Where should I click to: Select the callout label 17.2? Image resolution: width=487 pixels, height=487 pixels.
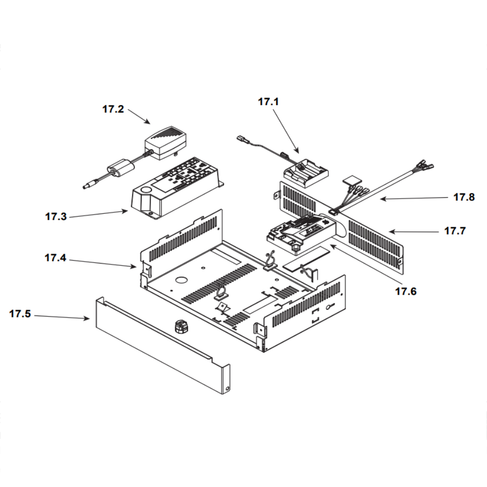(x=113, y=109)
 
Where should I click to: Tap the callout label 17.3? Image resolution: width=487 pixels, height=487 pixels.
(x=56, y=217)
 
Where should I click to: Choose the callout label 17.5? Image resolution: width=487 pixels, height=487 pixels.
(x=20, y=314)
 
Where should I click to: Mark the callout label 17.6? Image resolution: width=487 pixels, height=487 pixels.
(x=406, y=291)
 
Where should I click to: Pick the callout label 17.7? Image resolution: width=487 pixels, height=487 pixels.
(x=454, y=231)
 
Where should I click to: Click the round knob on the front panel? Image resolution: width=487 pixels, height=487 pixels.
(x=181, y=326)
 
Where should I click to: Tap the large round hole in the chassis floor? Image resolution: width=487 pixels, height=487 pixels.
(x=181, y=281)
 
